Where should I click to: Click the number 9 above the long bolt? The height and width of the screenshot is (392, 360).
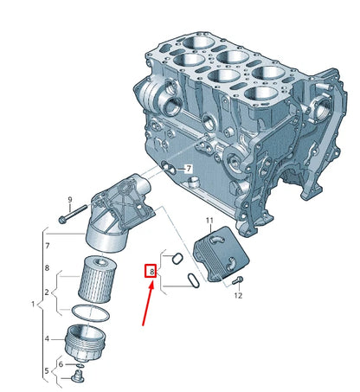coord(70,199)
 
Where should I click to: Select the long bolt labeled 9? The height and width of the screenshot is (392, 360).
coord(73,214)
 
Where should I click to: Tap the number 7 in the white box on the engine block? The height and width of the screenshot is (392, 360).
coord(188,169)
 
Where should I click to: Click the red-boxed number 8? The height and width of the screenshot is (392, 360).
coord(151,272)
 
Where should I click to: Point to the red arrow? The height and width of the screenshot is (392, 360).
coord(148,305)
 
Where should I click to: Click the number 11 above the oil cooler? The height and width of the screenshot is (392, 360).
coord(209,221)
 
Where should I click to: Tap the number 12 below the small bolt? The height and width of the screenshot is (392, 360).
coord(238,295)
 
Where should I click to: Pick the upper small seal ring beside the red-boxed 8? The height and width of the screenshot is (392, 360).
coord(177,258)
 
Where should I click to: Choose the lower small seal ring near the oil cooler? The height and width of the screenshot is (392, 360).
coord(193,280)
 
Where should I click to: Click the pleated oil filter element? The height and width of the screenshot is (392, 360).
coord(97,280)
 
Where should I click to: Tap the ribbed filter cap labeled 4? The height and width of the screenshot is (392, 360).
coord(86,343)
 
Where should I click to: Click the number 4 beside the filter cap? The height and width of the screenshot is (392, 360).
coord(47,338)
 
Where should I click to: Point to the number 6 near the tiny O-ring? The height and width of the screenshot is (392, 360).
coord(61,364)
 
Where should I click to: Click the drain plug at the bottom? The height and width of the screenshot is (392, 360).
coord(78,377)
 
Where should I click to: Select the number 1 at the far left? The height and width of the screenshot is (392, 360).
coord(33,304)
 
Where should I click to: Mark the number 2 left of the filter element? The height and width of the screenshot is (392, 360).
coord(47,292)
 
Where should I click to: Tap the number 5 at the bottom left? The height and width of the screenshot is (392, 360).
coord(47,370)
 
